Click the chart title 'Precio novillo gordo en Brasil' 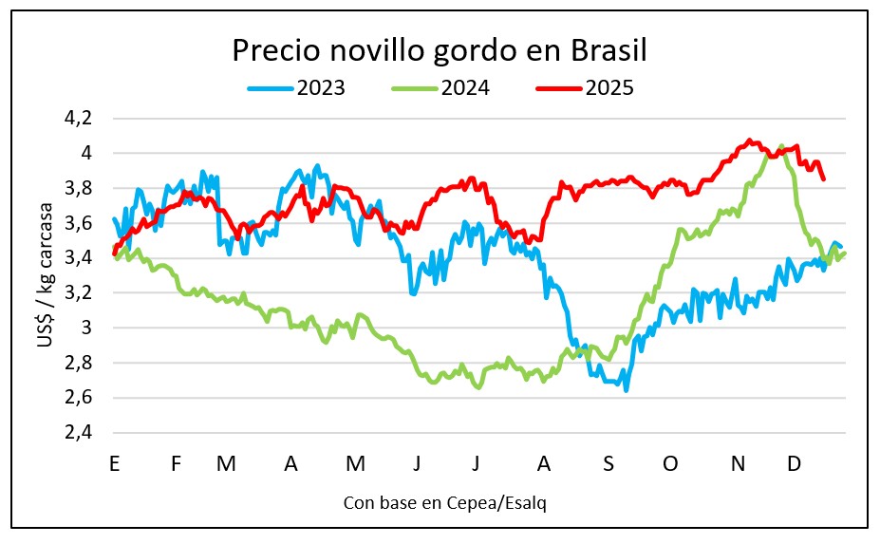pos(444,50)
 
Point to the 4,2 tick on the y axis pos(79,119)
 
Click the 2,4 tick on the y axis pos(79,432)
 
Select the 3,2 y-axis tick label pos(79,292)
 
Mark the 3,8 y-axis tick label pos(79,188)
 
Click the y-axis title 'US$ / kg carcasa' pos(46,275)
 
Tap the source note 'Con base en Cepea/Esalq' pos(444,503)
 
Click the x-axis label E pos(114,463)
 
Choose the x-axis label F pos(176,463)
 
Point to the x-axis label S pos(609,463)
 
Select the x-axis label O pos(670,463)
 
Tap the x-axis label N pos(737,463)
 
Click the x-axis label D pos(795,463)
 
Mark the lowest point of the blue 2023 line pos(627,389)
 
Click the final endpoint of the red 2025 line pos(823,178)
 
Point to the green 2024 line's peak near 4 pos(781,146)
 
